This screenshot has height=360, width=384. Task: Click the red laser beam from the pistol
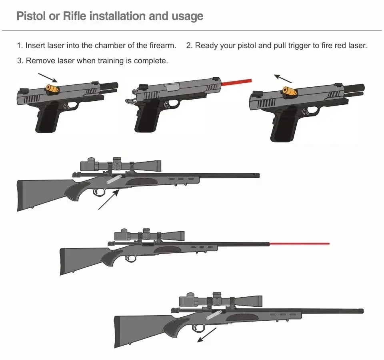[x=237, y=82]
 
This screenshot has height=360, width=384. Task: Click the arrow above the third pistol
[x=283, y=77]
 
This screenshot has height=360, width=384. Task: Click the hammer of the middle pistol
[x=128, y=100]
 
